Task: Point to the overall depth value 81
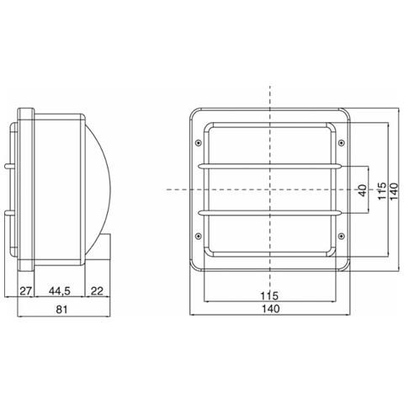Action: tap(62, 310)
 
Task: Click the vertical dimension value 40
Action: tap(362, 190)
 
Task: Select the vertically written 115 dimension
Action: tap(381, 190)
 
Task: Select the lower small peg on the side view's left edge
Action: tap(11, 215)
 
